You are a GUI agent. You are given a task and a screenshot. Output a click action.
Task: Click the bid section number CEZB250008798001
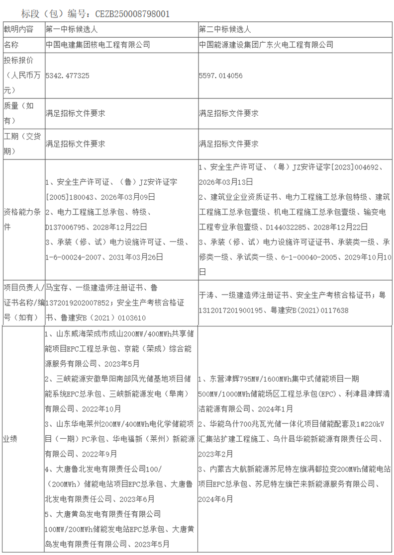(131, 13)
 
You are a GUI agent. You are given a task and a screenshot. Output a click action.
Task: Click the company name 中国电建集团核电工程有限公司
(98, 45)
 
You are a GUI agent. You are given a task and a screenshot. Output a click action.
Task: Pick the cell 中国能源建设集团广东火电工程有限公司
(266, 45)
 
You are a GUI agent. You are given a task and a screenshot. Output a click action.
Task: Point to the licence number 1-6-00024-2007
(72, 257)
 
